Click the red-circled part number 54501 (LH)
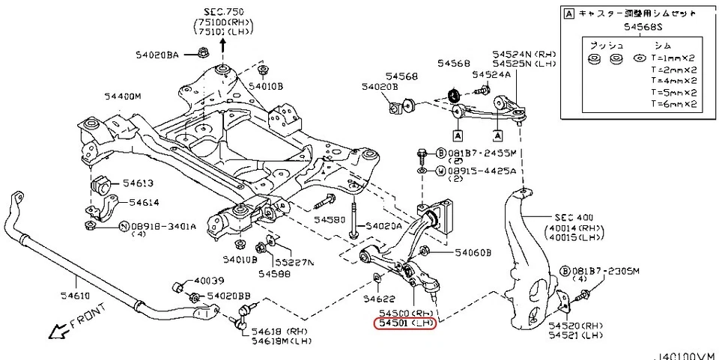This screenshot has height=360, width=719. [404, 323]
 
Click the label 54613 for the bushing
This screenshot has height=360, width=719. [137, 183]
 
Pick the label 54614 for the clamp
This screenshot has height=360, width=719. [143, 201]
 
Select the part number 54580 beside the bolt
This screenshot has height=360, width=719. [330, 220]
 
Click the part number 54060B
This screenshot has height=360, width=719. [472, 253]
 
